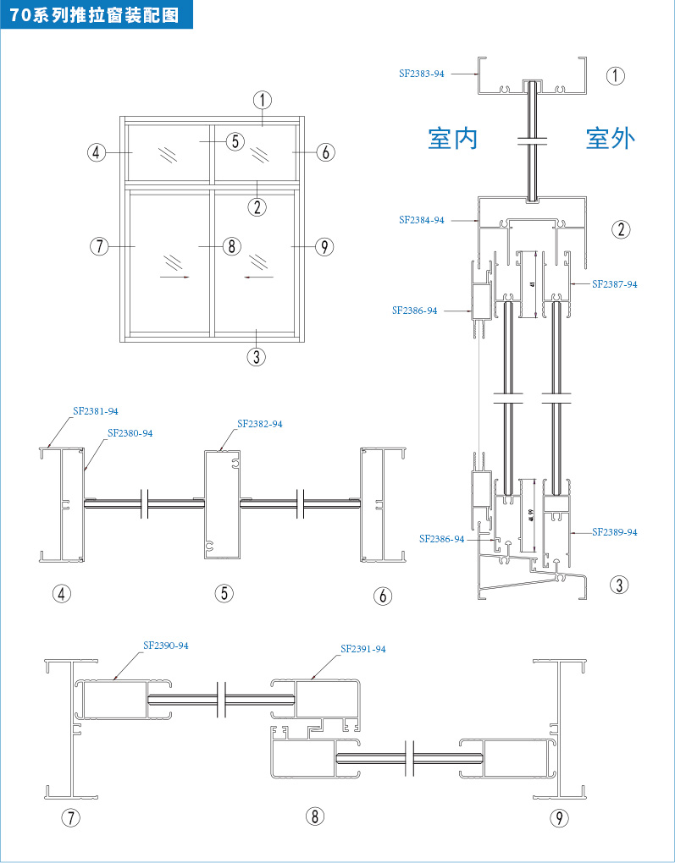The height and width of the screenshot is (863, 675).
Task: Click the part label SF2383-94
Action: coord(422,74)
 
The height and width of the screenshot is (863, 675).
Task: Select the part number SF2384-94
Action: coord(422,220)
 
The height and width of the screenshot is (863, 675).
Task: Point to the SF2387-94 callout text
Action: coord(615,284)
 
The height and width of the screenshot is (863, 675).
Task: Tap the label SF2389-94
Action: coord(615,532)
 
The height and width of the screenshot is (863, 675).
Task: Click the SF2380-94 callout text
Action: coord(130,433)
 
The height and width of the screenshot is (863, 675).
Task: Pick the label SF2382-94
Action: coord(260,424)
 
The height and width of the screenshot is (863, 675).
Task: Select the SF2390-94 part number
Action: coord(166,646)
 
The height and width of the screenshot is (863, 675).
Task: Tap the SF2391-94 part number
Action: coord(363,649)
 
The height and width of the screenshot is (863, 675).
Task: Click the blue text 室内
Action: coord(453,138)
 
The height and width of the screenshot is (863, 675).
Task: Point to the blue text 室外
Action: coord(611,138)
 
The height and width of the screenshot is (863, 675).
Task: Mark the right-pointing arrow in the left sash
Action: coord(174,276)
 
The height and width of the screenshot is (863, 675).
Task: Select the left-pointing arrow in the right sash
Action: coord(258,276)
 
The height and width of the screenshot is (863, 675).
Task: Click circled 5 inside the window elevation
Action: coord(235,141)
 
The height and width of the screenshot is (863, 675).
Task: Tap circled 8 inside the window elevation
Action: coord(231,246)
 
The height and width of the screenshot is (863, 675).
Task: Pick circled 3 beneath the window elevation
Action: coord(257,357)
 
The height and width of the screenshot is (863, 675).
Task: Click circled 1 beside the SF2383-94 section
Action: coord(616,75)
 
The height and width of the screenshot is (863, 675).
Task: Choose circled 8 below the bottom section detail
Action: coord(314,816)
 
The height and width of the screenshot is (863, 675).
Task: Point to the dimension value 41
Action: coord(531,285)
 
